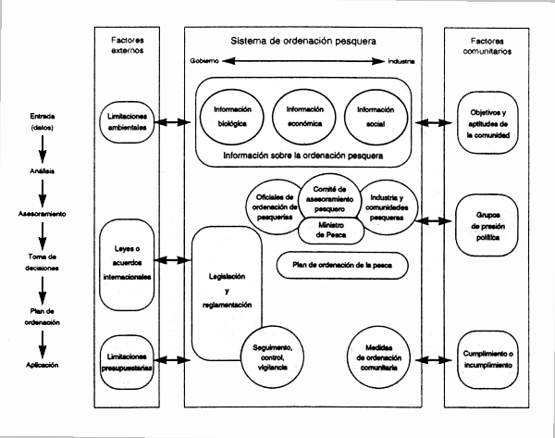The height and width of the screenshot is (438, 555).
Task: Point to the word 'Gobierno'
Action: point(205,62)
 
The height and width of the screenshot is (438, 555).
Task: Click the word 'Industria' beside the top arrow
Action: point(400,62)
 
